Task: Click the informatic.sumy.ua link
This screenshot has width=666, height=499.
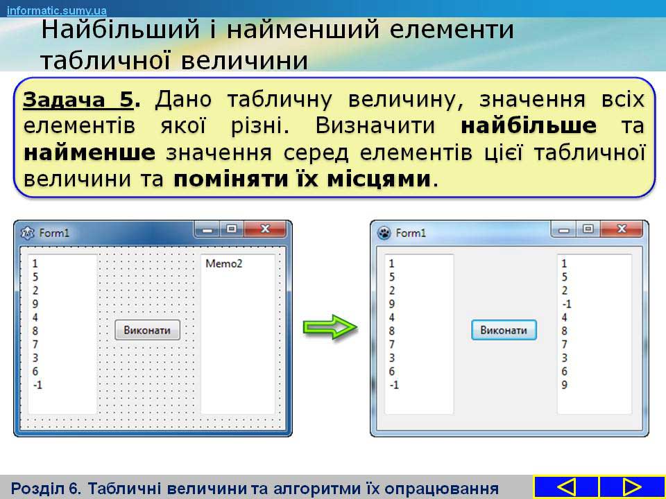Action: [57, 10]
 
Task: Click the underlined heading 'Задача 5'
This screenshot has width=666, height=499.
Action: [78, 100]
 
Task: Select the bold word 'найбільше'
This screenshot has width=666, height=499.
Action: [529, 126]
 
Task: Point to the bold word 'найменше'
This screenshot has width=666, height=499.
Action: [89, 152]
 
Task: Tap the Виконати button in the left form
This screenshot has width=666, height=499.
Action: [147, 330]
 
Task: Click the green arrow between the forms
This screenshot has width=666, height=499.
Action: [330, 326]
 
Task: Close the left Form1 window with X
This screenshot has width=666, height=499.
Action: [265, 229]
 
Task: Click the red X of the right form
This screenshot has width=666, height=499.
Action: [622, 229]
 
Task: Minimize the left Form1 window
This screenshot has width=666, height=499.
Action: [207, 229]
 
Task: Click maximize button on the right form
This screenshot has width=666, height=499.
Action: [588, 229]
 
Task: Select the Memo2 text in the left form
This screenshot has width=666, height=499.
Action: [224, 263]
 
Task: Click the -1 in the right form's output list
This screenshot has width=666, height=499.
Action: [567, 304]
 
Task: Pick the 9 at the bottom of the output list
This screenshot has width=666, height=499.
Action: [564, 385]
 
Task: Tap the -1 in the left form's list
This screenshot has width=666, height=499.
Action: [37, 385]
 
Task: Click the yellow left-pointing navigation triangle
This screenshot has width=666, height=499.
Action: [566, 487]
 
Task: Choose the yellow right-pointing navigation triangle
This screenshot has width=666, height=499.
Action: [631, 487]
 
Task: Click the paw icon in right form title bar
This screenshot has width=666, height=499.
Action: [384, 233]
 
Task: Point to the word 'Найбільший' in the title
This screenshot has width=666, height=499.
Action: [120, 30]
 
